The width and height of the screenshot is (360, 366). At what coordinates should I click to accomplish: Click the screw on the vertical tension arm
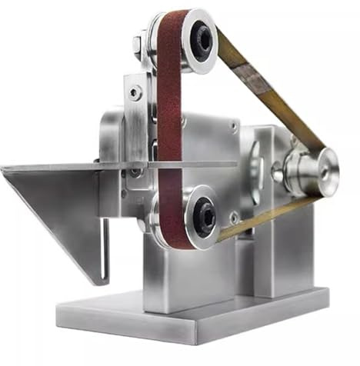tap(135, 93)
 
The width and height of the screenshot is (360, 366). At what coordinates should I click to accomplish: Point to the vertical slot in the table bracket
tap(105, 246)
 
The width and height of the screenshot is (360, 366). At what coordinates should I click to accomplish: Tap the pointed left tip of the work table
tap(5, 168)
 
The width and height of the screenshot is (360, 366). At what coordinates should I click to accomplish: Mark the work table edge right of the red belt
tap(208, 164)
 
